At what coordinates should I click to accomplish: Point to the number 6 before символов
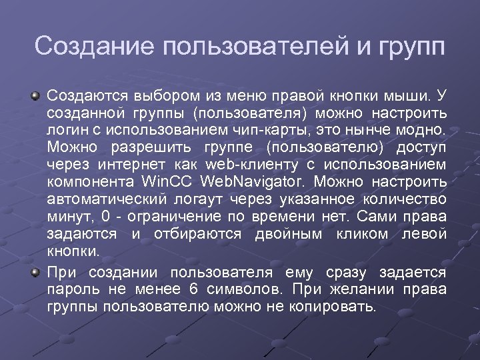[x=193, y=291]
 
